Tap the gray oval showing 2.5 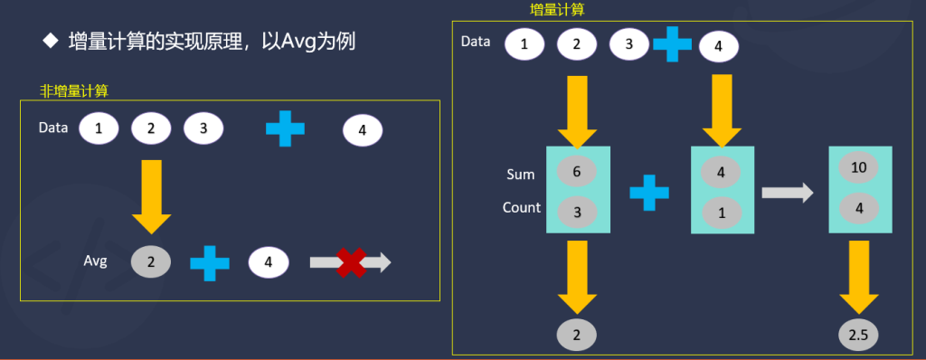(857, 336)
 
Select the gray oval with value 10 (860, 168)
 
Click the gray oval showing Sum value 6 (577, 172)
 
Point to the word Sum (520, 174)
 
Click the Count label (522, 207)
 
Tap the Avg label (95, 261)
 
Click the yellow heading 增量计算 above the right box (556, 10)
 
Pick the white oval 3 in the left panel (204, 129)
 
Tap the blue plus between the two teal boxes (648, 193)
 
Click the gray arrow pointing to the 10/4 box (785, 192)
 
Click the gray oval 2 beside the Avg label (151, 262)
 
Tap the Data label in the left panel (53, 128)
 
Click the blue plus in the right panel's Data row (672, 43)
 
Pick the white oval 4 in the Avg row (269, 263)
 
